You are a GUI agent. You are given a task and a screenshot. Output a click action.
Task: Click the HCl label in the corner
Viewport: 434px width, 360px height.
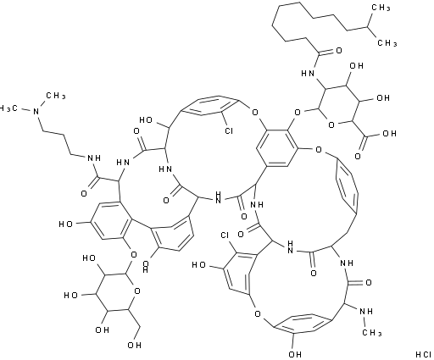coord(423,354)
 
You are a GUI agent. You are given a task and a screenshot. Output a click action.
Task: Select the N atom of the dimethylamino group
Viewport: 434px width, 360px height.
coord(36,112)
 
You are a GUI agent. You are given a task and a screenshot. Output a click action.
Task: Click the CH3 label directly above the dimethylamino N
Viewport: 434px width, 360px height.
coord(56,96)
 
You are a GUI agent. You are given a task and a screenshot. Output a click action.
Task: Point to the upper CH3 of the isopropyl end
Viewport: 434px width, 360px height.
coord(381,8)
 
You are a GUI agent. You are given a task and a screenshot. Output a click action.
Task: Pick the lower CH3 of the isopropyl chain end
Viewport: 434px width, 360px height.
coord(387,43)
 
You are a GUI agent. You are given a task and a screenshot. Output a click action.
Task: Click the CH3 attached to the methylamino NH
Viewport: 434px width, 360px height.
coord(372,333)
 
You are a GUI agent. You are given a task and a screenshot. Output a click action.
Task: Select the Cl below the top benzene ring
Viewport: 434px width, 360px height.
coord(228,130)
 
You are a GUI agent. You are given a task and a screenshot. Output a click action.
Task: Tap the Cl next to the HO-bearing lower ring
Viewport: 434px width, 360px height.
coord(225,235)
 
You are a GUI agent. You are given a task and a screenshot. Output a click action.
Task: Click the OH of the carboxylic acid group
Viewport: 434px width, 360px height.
coord(389,134)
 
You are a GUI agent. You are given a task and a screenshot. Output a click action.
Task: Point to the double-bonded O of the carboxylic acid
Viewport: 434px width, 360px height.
coord(358,156)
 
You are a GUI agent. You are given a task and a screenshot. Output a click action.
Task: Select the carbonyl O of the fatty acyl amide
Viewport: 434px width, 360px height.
coord(338,51)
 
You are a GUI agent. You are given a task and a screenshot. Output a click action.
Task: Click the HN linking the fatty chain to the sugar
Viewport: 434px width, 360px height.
coord(308,74)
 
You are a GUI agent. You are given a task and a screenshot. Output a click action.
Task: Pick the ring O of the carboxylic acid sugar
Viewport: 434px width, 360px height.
coord(331,125)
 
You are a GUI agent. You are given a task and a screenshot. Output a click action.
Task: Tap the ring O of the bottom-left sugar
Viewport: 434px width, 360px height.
coord(137,291)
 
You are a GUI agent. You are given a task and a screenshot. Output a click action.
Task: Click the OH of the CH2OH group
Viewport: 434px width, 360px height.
coord(134,345)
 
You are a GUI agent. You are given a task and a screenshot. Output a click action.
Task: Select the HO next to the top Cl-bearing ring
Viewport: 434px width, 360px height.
coord(147,120)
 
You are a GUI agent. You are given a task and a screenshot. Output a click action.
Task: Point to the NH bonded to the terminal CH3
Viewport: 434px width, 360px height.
coord(366,312)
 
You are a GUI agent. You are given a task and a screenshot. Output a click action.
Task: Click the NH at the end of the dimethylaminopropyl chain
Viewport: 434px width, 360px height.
coord(94,158)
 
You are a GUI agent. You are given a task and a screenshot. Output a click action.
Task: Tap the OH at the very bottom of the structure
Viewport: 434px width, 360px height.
coord(295,354)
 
